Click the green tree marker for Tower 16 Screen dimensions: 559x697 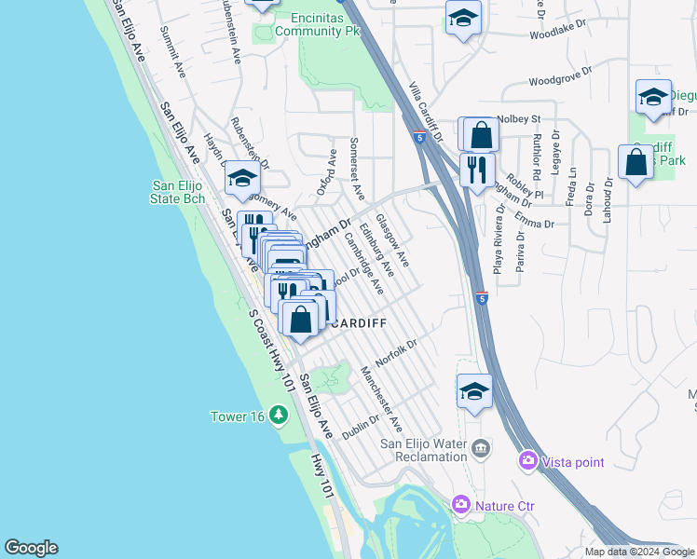[278, 415]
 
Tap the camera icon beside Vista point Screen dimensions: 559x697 [528, 461]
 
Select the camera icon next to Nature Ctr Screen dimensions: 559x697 [461, 506]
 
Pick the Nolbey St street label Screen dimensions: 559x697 [519, 119]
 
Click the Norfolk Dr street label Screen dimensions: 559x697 [395, 352]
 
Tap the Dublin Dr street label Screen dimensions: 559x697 [362, 427]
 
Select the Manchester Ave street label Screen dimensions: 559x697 [381, 398]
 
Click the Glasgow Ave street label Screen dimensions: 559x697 [397, 241]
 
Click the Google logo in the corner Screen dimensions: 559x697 [31, 548]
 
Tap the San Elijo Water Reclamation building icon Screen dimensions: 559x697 [481, 447]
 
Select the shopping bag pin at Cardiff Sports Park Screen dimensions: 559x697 [635, 163]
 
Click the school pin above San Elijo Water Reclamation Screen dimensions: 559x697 [474, 392]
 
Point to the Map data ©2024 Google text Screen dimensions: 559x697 [638, 552]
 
